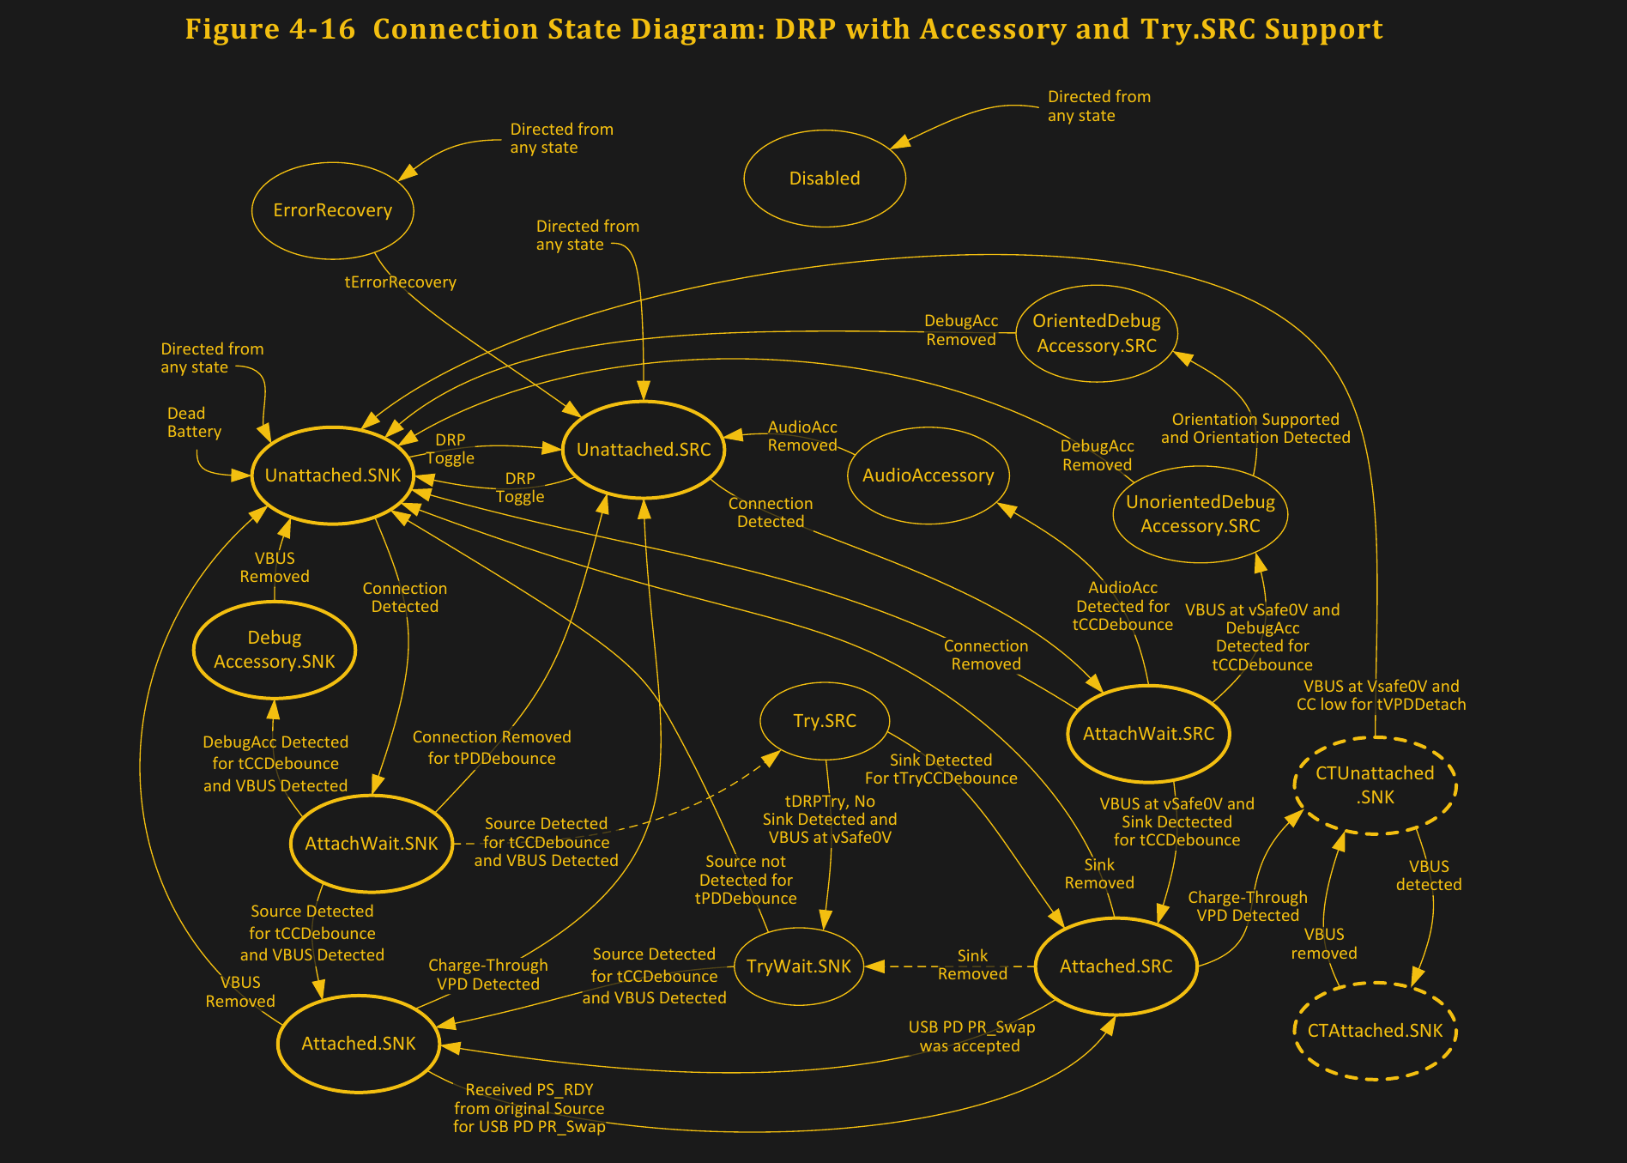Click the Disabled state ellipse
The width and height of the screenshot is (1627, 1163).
click(x=824, y=179)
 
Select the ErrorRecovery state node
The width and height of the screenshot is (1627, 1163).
click(x=333, y=210)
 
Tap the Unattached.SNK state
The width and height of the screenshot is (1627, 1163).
click(x=333, y=475)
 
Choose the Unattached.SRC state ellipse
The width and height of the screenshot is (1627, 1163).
click(x=644, y=450)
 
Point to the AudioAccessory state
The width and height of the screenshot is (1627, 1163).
click(x=928, y=475)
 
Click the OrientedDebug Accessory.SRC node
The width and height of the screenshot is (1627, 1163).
click(x=1096, y=333)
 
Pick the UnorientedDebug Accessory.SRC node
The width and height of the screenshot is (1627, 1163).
click(x=1200, y=514)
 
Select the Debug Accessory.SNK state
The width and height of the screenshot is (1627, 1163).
click(x=275, y=650)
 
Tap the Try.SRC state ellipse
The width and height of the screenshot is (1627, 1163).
click(x=824, y=721)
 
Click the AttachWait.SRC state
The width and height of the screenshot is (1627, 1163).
click(x=1148, y=734)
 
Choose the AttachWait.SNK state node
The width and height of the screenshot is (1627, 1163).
click(x=372, y=844)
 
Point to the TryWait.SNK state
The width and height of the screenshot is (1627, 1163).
click(x=798, y=966)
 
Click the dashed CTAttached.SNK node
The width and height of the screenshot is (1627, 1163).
click(x=1375, y=1031)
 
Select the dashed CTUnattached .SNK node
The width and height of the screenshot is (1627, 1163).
click(x=1375, y=785)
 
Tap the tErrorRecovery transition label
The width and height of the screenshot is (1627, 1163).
click(x=400, y=282)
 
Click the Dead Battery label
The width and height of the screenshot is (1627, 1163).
click(x=194, y=422)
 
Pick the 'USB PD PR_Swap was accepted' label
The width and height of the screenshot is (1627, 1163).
click(x=971, y=1037)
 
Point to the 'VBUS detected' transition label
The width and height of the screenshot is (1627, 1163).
click(x=1428, y=875)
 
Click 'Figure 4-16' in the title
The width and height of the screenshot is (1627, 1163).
click(x=269, y=29)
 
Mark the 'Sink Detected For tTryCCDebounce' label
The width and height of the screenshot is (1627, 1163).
click(x=941, y=769)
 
